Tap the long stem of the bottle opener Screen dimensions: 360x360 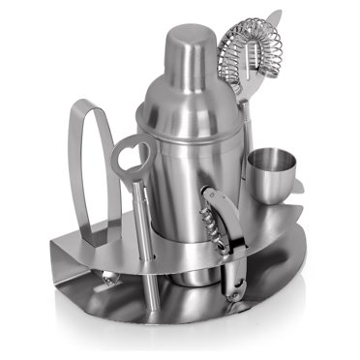[141, 232]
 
